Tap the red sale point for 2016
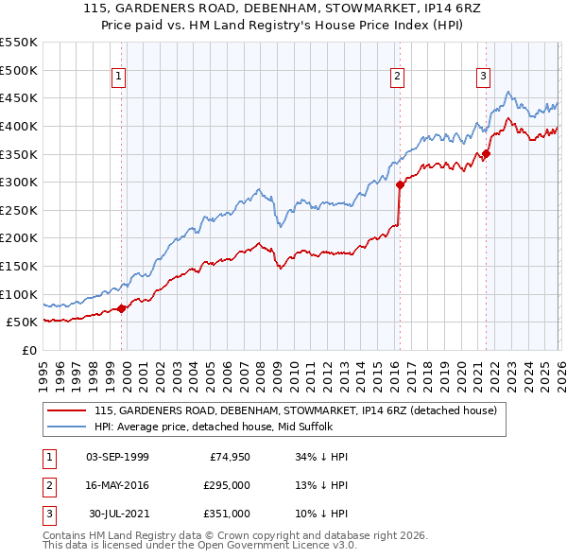coord(400,185)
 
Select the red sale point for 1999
coord(122,308)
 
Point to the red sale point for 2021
coord(487,154)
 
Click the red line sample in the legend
coord(67,410)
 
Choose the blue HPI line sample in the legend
coord(67,427)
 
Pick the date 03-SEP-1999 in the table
coord(117,457)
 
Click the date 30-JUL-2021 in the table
coord(117,514)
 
